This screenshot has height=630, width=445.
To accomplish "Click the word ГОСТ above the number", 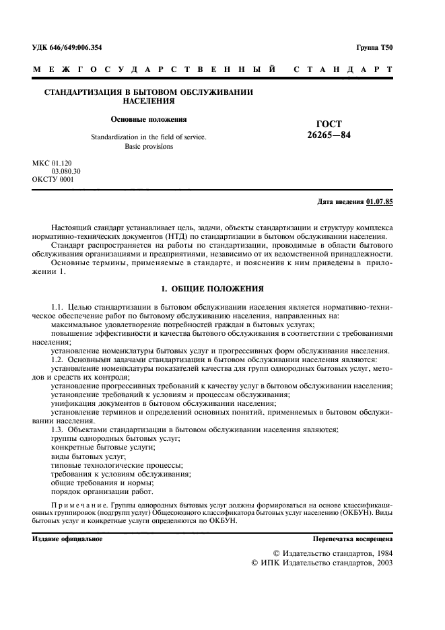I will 329,124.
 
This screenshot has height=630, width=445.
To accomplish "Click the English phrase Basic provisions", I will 149,146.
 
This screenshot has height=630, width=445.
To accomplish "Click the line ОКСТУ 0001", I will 53,180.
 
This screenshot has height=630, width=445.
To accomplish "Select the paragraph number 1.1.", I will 59,307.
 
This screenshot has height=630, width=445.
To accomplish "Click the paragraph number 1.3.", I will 59,429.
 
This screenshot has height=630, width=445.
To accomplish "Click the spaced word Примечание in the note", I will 79,504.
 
